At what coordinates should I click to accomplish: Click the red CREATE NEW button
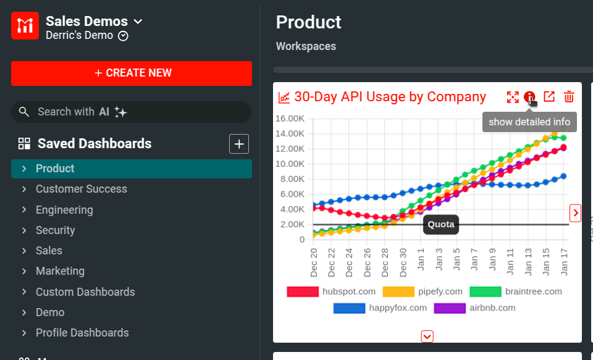pyautogui.click(x=132, y=73)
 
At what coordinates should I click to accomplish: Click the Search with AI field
pyautogui.click(x=132, y=112)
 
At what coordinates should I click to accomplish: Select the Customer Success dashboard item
pyautogui.click(x=81, y=189)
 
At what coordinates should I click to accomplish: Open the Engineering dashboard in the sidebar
pyautogui.click(x=64, y=210)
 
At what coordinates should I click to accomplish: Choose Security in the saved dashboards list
pyautogui.click(x=55, y=230)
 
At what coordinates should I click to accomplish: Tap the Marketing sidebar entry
pyautogui.click(x=60, y=271)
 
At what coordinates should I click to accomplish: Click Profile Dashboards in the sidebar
pyautogui.click(x=82, y=333)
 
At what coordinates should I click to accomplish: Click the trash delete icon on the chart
pyautogui.click(x=569, y=97)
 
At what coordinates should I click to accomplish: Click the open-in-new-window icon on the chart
pyautogui.click(x=549, y=97)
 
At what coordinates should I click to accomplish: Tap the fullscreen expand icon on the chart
pyautogui.click(x=513, y=97)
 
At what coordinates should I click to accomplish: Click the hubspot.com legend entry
pyautogui.click(x=331, y=291)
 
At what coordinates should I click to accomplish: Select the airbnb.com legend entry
pyautogui.click(x=474, y=308)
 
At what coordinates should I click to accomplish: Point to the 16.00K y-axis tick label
pyautogui.click(x=290, y=119)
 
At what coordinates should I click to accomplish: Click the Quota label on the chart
pyautogui.click(x=441, y=224)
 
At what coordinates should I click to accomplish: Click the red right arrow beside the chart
pyautogui.click(x=576, y=213)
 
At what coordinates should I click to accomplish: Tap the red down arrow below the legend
pyautogui.click(x=427, y=337)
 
